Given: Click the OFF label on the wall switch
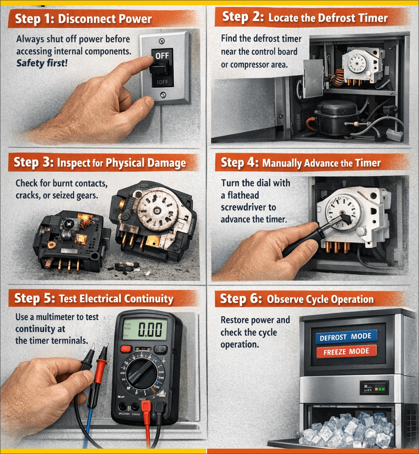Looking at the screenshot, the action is (x=162, y=55).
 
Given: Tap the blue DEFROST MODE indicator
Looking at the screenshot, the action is (x=346, y=337).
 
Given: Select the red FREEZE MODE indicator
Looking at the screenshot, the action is (x=346, y=351).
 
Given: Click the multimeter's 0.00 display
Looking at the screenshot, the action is (x=145, y=329).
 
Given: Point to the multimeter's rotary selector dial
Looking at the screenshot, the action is (x=142, y=373).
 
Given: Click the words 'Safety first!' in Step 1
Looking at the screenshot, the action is (x=42, y=63).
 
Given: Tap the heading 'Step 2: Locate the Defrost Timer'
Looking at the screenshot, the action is (x=305, y=18).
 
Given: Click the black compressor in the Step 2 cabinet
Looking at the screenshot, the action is (x=336, y=117).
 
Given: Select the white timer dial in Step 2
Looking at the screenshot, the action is (x=357, y=63).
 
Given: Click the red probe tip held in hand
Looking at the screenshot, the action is (x=106, y=346).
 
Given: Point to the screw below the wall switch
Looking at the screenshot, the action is (x=163, y=94).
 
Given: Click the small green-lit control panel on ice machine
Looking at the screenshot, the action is (x=374, y=388).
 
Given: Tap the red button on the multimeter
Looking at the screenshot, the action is (x=126, y=348).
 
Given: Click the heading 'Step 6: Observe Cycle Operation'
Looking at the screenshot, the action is (x=297, y=299).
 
